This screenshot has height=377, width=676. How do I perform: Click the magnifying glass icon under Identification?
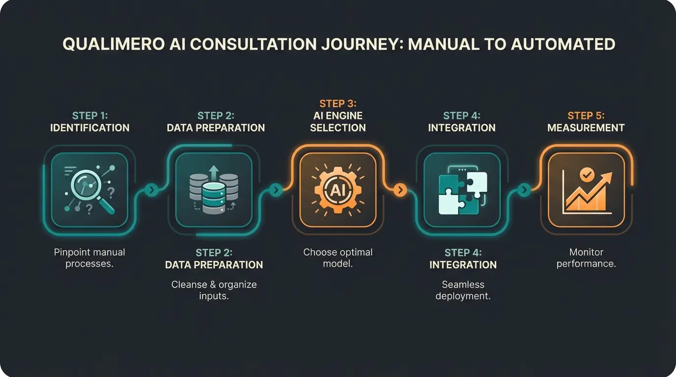point(89,189)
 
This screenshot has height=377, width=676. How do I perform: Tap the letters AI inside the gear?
point(338,190)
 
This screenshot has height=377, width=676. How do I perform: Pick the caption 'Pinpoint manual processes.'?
point(89,258)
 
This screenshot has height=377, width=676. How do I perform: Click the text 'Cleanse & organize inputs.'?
point(214,290)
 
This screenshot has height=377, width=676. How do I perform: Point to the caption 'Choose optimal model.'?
point(338,258)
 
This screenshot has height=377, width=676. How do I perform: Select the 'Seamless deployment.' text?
point(463,290)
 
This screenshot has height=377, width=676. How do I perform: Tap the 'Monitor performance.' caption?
point(586,258)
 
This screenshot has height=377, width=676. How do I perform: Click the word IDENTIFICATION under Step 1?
point(90,128)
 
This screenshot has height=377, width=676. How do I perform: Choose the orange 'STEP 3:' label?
point(338,104)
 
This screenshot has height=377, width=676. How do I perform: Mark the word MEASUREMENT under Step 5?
point(586,128)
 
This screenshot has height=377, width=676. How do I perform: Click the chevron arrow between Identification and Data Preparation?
point(151,189)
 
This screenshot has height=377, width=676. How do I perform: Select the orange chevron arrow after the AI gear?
point(400,190)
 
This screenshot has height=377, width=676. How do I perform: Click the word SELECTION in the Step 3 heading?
point(338,128)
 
